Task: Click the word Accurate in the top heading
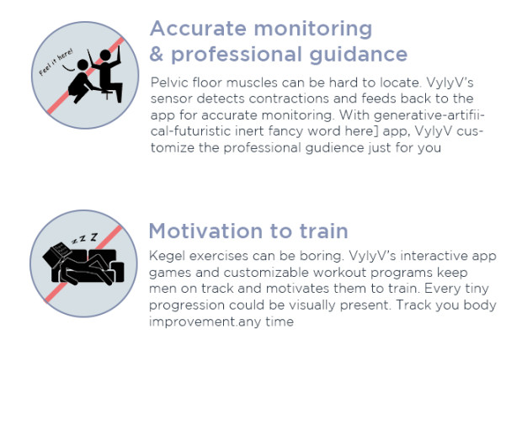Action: point(198,29)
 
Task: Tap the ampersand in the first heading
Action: point(156,54)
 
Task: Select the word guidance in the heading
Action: point(359,56)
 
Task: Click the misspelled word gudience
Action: point(334,148)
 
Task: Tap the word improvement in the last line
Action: point(192,321)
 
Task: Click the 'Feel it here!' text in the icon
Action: point(56,62)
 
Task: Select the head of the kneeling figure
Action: point(83,66)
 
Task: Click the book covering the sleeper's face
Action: point(57,254)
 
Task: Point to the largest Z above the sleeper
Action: point(94,236)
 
